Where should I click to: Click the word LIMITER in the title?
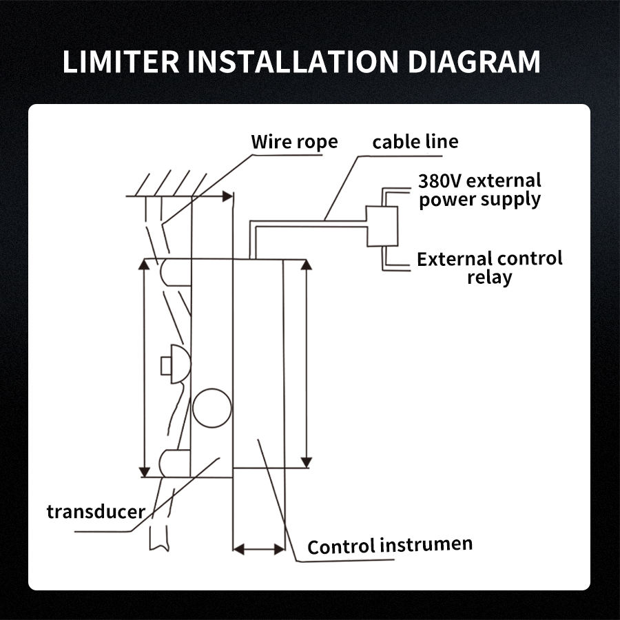click(121, 61)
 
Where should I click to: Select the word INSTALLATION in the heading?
click(293, 61)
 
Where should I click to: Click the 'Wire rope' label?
click(294, 142)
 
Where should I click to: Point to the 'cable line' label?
click(415, 142)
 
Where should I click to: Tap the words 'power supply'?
click(479, 200)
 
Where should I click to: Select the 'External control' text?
click(489, 259)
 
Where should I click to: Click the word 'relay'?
click(489, 278)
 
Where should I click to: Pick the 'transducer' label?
click(96, 512)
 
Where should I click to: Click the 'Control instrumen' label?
click(390, 546)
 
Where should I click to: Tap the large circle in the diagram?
click(212, 408)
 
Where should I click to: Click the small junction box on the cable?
click(381, 226)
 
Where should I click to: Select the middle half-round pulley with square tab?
click(174, 364)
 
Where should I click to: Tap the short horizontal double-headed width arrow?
click(259, 549)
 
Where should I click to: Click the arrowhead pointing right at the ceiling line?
click(227, 196)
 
